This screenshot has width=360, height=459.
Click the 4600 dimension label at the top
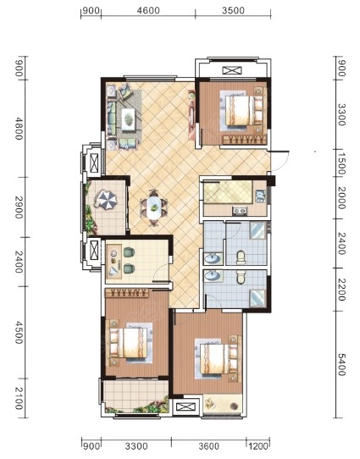148,10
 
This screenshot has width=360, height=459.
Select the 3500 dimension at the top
233,10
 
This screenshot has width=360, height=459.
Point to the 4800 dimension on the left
19,129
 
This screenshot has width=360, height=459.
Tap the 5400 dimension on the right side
341,364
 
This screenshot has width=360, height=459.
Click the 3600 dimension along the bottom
208,446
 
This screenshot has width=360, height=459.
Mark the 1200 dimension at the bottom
258,446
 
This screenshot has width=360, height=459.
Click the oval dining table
154,207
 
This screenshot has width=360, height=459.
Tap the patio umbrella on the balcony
105,200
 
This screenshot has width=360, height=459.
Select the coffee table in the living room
129,119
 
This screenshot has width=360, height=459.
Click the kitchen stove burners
240,211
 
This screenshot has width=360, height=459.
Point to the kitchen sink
260,196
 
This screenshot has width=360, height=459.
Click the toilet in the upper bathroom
241,257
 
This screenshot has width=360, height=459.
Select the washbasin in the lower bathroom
213,276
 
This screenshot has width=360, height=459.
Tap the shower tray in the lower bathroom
258,298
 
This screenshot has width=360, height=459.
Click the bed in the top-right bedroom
244,110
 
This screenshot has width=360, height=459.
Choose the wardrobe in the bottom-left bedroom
126,293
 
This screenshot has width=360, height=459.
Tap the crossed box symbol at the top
232,70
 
